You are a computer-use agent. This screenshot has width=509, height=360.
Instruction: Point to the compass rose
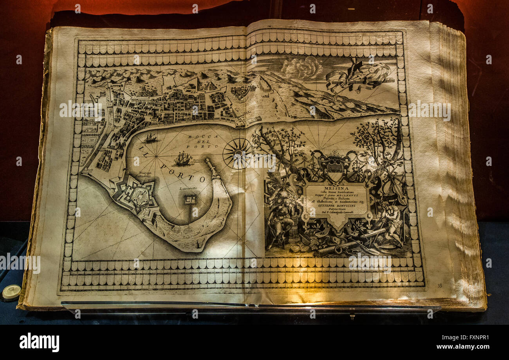tap(237, 153)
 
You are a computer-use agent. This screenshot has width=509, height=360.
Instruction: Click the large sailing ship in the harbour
tap(182, 159)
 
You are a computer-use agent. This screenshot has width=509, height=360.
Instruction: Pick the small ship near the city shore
tap(150, 138)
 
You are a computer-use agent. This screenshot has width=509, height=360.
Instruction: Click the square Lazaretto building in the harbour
tap(190, 199)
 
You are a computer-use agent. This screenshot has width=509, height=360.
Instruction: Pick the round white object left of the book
tap(11, 291)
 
